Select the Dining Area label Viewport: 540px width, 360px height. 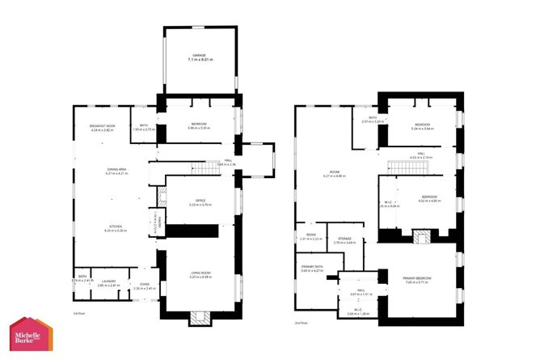pyautogui.click(x=106, y=171)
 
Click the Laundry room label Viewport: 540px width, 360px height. pyautogui.click(x=108, y=283)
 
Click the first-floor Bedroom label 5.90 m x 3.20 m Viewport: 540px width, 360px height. pyautogui.click(x=199, y=126)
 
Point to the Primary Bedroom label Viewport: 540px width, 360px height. pyautogui.click(x=419, y=280)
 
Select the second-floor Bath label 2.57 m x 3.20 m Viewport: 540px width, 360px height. pyautogui.click(x=373, y=120)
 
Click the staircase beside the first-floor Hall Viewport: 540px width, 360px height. pyautogui.click(x=208, y=167)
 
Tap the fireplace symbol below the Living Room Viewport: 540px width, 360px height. pyautogui.click(x=199, y=318)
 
